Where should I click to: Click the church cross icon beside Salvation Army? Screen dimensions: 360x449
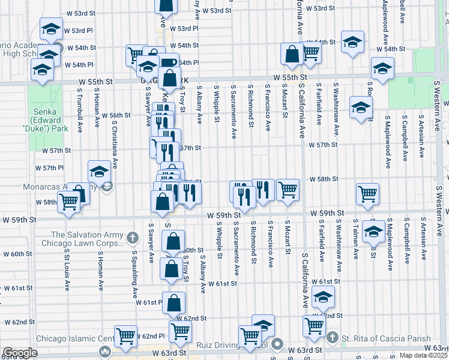tap(133, 238)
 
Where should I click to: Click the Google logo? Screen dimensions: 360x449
tap(20, 353)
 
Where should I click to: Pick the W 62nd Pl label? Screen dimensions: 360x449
tap(150, 336)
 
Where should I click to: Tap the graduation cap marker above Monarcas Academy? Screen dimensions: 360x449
tap(100, 173)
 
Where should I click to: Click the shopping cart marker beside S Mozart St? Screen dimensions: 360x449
tap(288, 190)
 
